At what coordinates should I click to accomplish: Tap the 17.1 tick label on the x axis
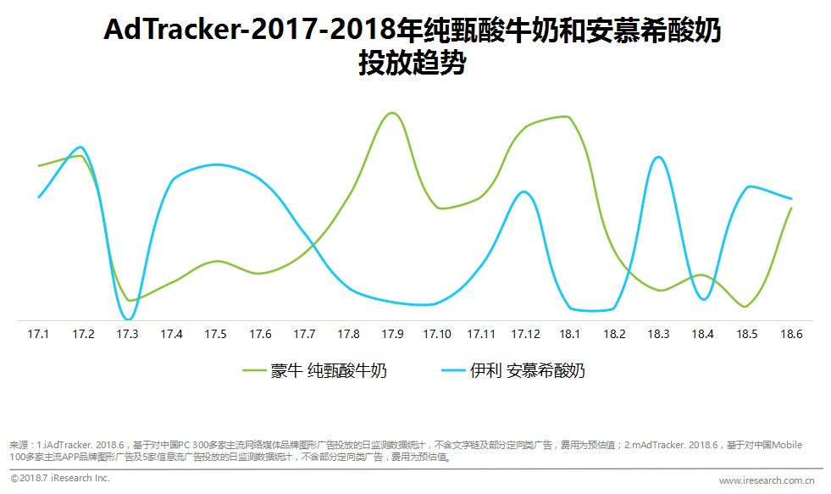[38, 335]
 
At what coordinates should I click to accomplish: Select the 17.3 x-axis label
[127, 335]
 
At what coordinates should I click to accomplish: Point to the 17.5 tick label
[215, 335]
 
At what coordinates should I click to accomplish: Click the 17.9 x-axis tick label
[392, 335]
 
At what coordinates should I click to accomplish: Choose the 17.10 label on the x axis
[437, 335]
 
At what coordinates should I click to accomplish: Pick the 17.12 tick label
[525, 335]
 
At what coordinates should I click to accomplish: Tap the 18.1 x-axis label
[570, 335]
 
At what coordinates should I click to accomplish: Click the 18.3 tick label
[658, 335]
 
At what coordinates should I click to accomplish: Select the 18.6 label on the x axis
[791, 335]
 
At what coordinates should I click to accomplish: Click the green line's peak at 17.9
[391, 113]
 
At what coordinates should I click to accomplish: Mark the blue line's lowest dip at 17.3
[128, 319]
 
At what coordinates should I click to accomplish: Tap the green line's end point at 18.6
[791, 208]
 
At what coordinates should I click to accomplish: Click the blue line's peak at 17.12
[524, 192]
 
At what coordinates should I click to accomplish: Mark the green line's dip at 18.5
[745, 307]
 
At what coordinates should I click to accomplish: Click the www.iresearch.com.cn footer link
[766, 480]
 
